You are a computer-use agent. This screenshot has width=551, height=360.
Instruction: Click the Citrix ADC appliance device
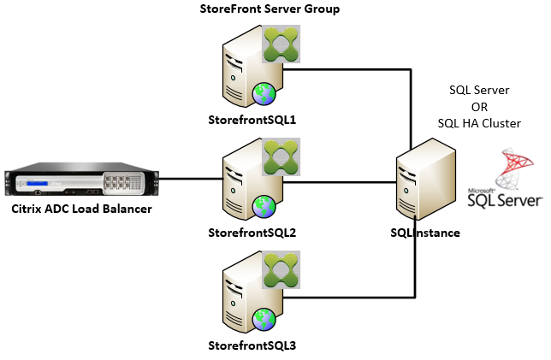(x=81, y=180)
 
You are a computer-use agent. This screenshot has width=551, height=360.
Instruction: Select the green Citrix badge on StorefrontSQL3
(x=281, y=272)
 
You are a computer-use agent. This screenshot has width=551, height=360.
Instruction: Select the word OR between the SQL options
(x=479, y=107)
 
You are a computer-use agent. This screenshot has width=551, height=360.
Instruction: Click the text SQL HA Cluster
(x=479, y=123)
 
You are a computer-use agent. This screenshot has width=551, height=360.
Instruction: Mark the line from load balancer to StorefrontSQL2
(x=190, y=180)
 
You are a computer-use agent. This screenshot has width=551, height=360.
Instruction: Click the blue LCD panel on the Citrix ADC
(x=39, y=182)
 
